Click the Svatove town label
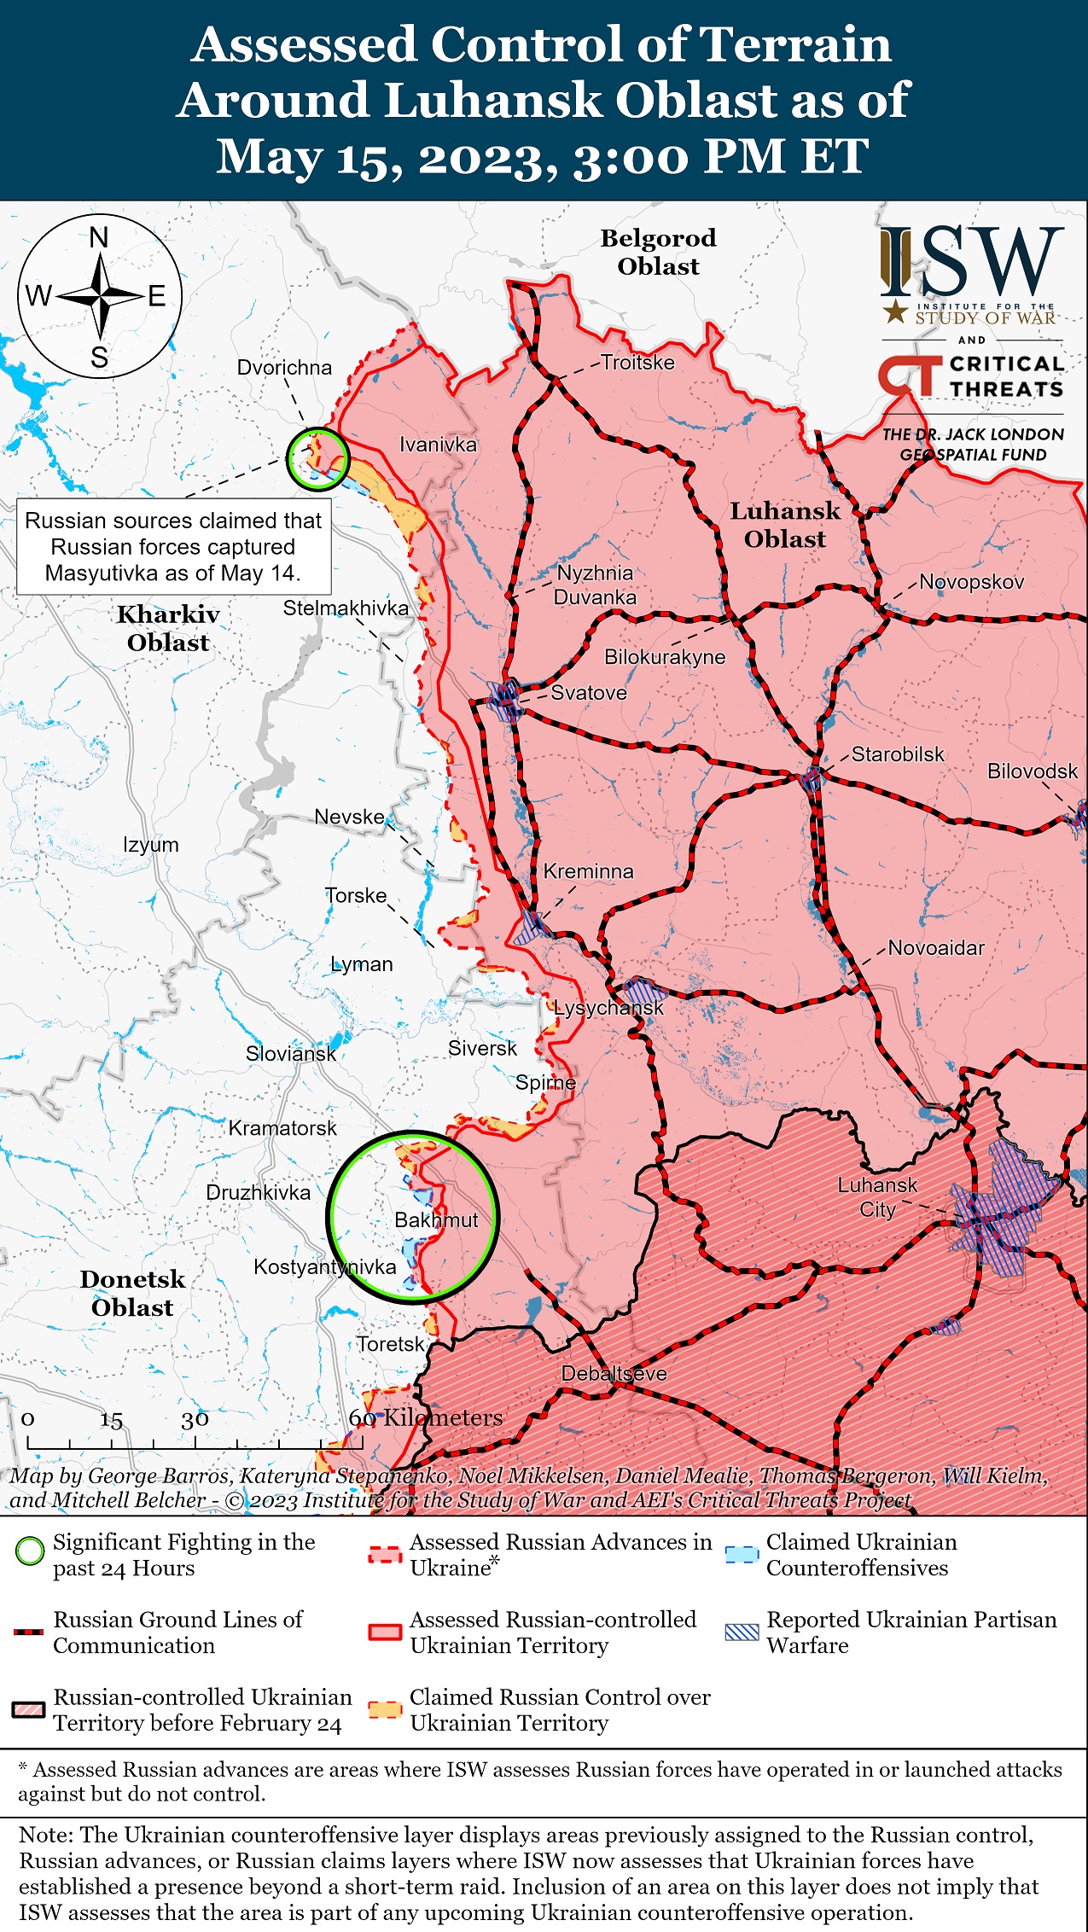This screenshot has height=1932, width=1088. (x=589, y=693)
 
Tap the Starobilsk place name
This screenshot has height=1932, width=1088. (x=898, y=754)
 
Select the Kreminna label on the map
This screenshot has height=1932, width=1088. (x=589, y=871)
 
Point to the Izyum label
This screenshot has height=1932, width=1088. (x=151, y=845)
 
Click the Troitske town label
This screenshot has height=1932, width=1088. (x=637, y=363)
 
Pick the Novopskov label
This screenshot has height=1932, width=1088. (x=971, y=582)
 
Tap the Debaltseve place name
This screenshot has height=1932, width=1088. (x=614, y=1374)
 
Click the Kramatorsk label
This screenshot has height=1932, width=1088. (x=282, y=1128)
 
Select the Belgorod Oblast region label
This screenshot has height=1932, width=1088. (x=658, y=252)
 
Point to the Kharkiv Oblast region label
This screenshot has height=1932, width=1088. (x=168, y=628)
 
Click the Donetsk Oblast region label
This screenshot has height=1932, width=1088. (x=132, y=1293)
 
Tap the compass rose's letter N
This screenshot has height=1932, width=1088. (x=99, y=238)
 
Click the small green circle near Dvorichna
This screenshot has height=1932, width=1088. (x=317, y=458)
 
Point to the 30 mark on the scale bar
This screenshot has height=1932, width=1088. (x=195, y=1419)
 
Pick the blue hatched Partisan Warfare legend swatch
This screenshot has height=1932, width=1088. (x=741, y=1632)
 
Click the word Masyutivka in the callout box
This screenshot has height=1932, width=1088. (x=102, y=573)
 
